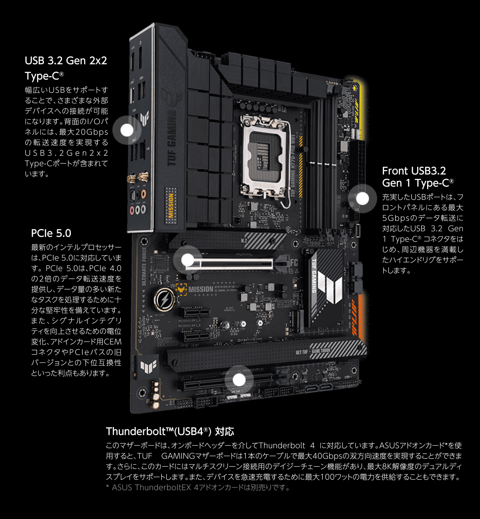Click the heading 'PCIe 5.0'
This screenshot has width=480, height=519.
coord(51,234)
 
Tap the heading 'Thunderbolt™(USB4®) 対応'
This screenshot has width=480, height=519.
coord(170,431)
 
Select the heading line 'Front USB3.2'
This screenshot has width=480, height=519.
coord(414,171)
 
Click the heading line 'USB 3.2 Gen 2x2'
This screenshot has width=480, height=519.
coord(66,61)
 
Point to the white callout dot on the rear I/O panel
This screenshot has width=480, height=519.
coord(127,130)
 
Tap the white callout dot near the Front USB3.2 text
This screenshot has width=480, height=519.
coord(362,198)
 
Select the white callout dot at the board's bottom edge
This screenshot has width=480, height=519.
coord(239,380)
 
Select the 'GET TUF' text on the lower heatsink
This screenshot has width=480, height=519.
coord(302,352)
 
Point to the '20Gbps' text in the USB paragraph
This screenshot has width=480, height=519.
coord(92,132)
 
